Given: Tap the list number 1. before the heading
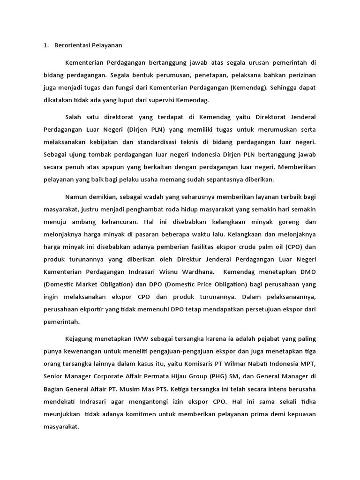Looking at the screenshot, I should (x=45, y=45).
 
